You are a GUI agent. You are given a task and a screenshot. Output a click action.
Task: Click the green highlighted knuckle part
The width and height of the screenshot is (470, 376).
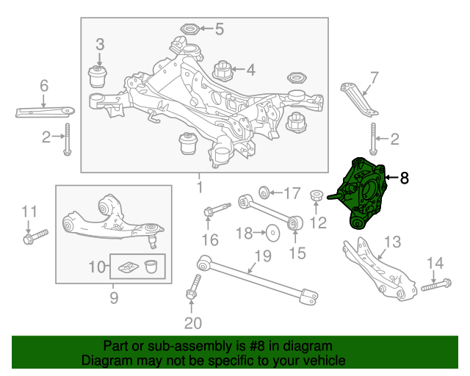(x=361, y=193)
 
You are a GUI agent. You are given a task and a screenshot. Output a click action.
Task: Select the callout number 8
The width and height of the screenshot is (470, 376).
(x=405, y=178)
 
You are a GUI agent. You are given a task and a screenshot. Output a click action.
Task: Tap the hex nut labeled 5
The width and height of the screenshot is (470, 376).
(x=189, y=29)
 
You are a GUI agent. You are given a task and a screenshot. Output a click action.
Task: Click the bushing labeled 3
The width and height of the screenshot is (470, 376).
(x=98, y=76)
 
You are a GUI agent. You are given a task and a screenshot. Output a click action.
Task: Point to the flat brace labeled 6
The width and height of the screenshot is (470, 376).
(x=45, y=112)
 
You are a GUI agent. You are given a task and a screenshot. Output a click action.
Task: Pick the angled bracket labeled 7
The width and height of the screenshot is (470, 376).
(x=359, y=100)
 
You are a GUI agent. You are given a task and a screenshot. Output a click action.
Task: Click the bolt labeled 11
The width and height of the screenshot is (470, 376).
(x=35, y=236)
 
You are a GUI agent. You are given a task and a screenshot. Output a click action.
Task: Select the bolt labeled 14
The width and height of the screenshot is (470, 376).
(x=436, y=284)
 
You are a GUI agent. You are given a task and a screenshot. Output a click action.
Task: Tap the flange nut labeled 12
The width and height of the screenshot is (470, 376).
(x=317, y=195)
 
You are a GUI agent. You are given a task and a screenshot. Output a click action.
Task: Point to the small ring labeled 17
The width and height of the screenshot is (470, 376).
(x=264, y=192)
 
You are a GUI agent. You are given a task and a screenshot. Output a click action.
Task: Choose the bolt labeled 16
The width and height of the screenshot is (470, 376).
(x=217, y=209)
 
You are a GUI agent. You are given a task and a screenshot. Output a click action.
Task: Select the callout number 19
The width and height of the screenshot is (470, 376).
(x=263, y=256)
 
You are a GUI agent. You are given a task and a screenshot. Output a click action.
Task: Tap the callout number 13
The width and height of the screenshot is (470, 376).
(x=392, y=242)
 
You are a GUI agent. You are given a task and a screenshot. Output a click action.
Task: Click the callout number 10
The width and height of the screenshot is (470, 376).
(x=97, y=267)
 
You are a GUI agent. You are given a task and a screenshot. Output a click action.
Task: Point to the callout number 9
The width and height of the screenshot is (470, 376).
(x=114, y=298)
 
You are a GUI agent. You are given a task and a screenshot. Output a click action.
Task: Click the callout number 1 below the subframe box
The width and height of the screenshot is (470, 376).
(x=200, y=187)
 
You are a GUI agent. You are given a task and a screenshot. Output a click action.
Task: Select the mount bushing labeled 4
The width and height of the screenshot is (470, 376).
(x=223, y=71)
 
